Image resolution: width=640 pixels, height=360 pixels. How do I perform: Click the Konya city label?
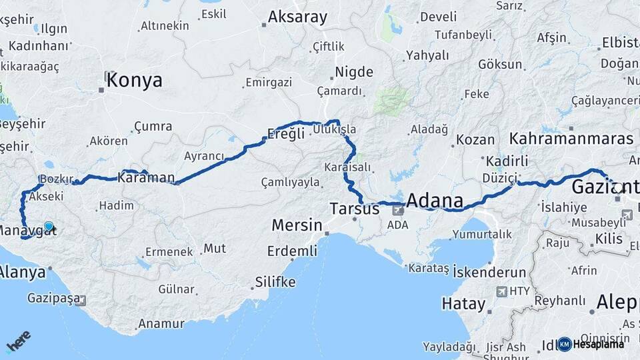point(134,81)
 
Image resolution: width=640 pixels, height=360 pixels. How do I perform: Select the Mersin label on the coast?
point(297,225)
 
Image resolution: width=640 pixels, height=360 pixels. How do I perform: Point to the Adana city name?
point(434,201)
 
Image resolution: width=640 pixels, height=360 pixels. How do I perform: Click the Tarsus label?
point(354,209)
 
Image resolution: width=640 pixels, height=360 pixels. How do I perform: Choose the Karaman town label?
point(146,177)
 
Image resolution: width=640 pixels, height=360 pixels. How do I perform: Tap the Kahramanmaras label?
point(571,139)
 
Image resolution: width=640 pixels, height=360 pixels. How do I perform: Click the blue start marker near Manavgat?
point(48,227)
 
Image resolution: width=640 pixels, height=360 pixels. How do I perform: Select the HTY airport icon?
point(502,291)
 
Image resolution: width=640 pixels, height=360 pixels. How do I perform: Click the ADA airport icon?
point(398,211)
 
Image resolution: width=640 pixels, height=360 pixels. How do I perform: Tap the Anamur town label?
point(161,324)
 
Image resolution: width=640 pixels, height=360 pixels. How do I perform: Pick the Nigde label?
point(354,71)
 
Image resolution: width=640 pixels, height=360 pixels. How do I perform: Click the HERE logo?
point(18,342)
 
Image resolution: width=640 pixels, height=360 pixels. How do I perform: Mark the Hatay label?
point(463,304)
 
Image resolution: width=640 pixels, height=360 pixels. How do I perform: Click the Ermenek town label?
point(169,251)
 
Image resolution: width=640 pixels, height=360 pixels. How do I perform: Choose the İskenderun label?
point(489,272)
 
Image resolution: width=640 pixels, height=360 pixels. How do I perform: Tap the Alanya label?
point(22,272)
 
